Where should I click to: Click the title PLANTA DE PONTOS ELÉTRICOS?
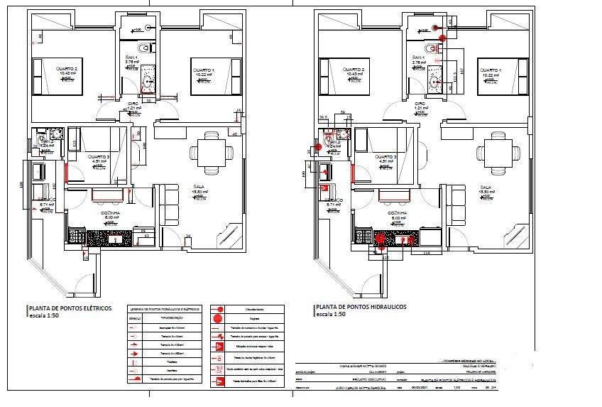pyautogui.click(x=70, y=309)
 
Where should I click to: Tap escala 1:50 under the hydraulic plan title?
pyautogui.click(x=332, y=314)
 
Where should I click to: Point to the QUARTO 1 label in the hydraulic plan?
pyautogui.click(x=490, y=70)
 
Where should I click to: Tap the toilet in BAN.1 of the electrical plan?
pyautogui.click(x=146, y=48)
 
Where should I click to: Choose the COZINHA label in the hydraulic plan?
pyautogui.click(x=395, y=212)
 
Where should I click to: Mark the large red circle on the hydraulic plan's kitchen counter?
pyautogui.click(x=380, y=240)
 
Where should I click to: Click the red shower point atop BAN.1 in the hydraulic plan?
pyautogui.click(x=436, y=28)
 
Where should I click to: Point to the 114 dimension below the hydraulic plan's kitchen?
pyautogui.click(x=427, y=252)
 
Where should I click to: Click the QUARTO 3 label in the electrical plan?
pyautogui.click(x=98, y=156)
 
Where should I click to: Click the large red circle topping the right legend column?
pyautogui.click(x=220, y=310)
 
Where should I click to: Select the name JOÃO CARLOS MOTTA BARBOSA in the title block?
pyautogui.click(x=364, y=388)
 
